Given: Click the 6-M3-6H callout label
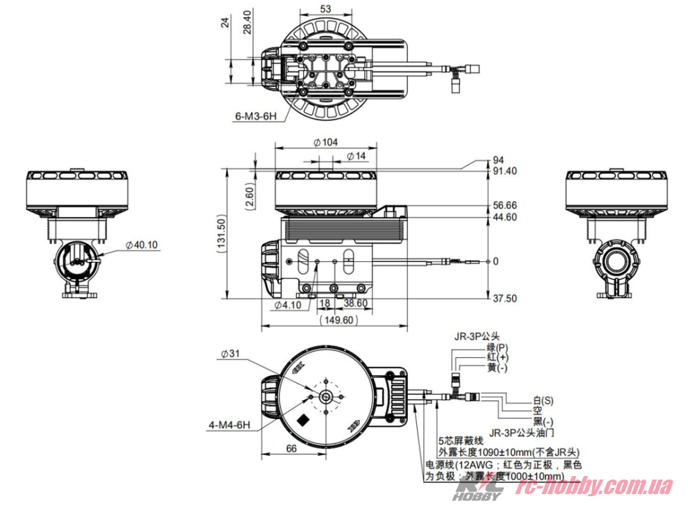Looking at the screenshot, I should [x=256, y=116].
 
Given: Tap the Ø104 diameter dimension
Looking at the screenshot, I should [x=326, y=142].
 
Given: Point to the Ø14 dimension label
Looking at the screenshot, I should [x=355, y=156].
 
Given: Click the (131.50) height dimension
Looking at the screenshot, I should [x=222, y=233].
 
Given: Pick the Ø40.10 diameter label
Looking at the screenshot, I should [x=142, y=245].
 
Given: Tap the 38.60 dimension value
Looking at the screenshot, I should [x=355, y=304].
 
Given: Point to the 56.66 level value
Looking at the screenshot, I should [x=505, y=206].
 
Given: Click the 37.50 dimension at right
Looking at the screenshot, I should [x=505, y=298].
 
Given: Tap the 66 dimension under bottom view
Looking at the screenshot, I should [x=291, y=449].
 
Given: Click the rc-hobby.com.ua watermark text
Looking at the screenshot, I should [x=594, y=487].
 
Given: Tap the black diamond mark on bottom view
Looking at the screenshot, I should [x=304, y=420].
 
